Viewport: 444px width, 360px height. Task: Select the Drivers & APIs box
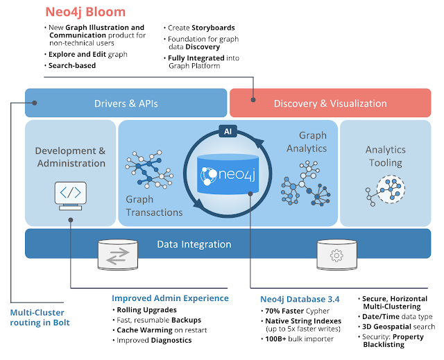tap(126, 103)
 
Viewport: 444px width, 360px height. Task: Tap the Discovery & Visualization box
tap(330, 103)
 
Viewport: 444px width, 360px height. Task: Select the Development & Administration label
tap(70, 157)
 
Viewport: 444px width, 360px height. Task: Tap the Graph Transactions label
tap(154, 206)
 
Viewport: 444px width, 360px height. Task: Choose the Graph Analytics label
tap(312, 142)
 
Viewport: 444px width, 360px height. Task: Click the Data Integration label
tap(194, 244)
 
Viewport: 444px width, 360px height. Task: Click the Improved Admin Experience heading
tap(170, 298)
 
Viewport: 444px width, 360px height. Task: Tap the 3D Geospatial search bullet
tap(399, 326)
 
